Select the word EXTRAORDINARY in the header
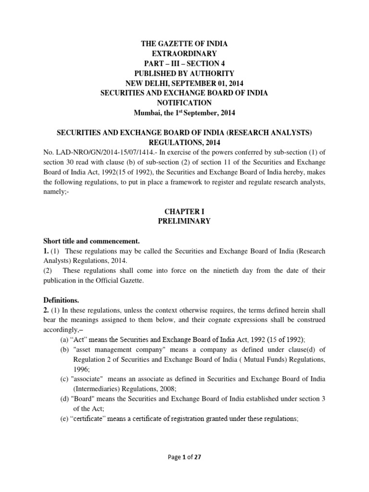point(184,54)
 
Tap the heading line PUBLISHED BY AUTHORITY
point(184,74)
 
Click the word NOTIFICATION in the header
point(184,103)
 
